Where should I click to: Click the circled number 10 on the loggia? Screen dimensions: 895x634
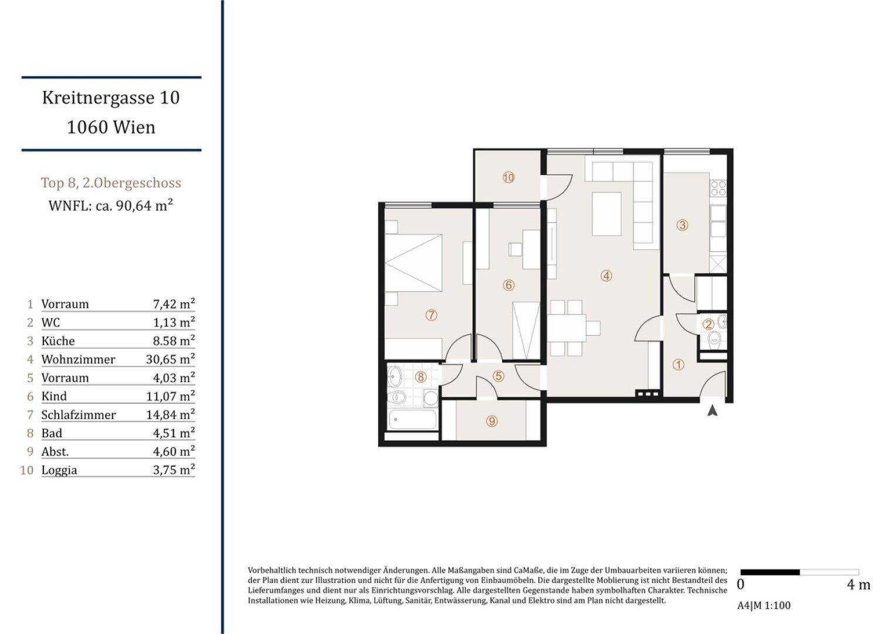click(508, 178)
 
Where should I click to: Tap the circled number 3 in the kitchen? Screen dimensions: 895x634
click(682, 225)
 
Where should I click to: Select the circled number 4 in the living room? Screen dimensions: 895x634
click(606, 275)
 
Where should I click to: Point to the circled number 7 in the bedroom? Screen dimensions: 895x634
click(431, 315)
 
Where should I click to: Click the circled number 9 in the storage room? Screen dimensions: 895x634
click(491, 421)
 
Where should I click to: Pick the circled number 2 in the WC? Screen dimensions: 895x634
click(709, 325)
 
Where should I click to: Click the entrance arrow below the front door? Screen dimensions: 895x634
click(712, 411)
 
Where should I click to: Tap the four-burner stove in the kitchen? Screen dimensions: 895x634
click(718, 188)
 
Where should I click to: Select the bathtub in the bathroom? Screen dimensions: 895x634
click(413, 420)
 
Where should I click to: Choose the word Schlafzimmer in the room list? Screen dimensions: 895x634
click(79, 415)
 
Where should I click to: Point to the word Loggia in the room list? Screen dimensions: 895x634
click(59, 470)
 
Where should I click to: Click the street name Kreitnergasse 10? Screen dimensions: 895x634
click(111, 97)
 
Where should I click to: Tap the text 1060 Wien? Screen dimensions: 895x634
click(111, 127)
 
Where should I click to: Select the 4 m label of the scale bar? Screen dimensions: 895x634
click(859, 585)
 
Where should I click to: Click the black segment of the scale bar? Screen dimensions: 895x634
click(770, 572)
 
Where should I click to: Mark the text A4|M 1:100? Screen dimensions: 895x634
click(764, 606)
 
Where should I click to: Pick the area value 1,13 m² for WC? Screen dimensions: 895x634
click(174, 322)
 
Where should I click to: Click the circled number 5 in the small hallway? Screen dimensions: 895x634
click(498, 376)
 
